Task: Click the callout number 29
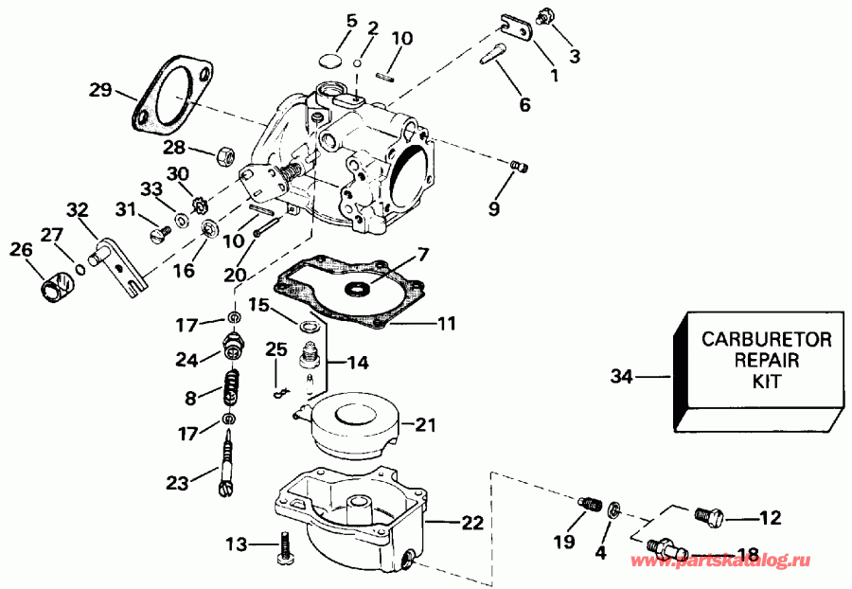(x=100, y=91)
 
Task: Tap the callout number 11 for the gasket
(x=446, y=324)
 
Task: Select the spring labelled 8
(x=230, y=388)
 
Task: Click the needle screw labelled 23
(x=231, y=461)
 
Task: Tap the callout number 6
(x=524, y=105)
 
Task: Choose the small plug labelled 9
(x=518, y=167)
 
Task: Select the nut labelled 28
(x=225, y=153)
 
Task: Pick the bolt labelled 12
(x=707, y=517)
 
